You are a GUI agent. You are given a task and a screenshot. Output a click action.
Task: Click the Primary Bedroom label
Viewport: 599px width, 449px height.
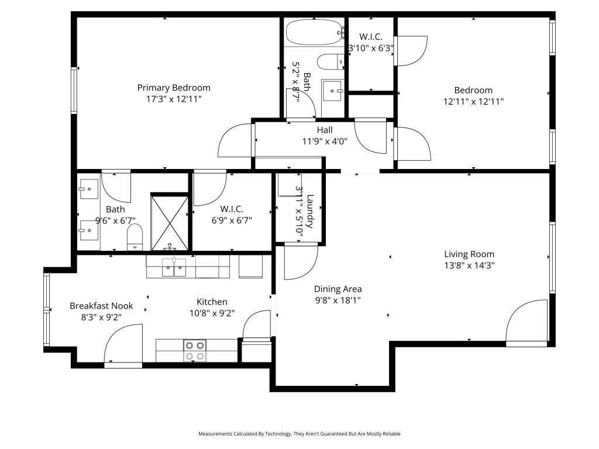[x=174, y=88]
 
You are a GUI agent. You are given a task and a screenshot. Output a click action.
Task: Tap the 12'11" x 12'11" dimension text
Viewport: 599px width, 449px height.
[x=473, y=102]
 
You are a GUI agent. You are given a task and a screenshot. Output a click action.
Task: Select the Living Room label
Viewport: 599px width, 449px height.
[x=469, y=254]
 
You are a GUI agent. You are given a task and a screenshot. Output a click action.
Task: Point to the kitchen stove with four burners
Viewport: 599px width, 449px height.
[x=195, y=351]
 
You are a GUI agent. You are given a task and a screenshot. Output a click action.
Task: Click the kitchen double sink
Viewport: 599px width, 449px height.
[x=174, y=267]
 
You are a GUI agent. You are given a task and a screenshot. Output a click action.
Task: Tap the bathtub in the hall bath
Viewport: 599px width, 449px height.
[x=314, y=32]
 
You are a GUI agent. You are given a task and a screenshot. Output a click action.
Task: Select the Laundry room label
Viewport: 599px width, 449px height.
[x=310, y=211]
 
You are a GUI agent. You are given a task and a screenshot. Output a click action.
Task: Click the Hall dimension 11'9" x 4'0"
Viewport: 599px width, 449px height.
[x=325, y=141]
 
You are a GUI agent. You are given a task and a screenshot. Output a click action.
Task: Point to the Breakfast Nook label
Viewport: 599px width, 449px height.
[x=101, y=306]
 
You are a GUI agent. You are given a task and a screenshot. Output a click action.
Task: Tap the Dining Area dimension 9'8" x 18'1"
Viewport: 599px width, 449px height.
[x=338, y=301]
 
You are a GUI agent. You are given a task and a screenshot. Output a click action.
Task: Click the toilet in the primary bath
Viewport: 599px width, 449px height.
[x=135, y=237]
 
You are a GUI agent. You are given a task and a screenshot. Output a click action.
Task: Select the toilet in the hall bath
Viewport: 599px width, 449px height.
[x=331, y=62]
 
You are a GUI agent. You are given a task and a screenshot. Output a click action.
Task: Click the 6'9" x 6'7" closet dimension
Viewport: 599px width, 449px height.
[x=232, y=220]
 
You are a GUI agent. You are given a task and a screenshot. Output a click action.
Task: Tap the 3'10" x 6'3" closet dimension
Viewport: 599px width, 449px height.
[x=371, y=49]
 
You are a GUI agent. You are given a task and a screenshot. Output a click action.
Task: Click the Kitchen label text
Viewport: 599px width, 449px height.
[x=212, y=302]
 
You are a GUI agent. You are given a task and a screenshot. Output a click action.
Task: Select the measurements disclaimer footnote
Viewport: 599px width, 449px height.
[x=299, y=434]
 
